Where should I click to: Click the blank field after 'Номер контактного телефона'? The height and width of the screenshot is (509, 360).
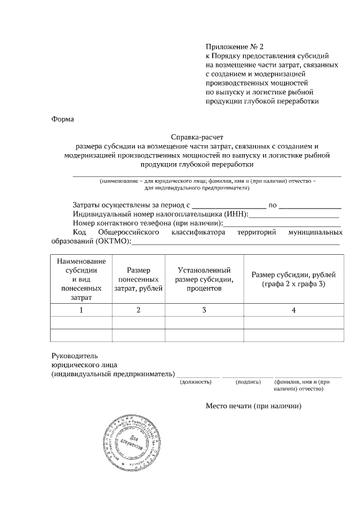point(281,223)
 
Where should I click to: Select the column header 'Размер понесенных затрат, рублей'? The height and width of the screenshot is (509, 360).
point(138,279)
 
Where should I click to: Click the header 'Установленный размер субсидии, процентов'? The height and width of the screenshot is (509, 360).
point(204,279)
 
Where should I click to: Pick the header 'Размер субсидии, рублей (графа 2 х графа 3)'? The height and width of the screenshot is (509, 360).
point(294,279)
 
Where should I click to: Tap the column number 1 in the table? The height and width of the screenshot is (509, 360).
point(81,310)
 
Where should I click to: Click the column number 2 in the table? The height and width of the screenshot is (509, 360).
point(138,310)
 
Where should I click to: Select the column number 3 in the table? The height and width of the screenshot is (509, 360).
point(204,310)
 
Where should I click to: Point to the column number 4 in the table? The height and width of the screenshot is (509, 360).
point(294,310)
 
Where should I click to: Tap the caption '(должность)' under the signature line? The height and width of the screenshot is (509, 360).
point(195,382)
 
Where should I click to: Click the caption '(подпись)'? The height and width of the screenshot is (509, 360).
point(248,382)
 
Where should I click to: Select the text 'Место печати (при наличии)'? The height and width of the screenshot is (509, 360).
point(254,406)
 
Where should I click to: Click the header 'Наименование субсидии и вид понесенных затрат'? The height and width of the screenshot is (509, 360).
point(81,279)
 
